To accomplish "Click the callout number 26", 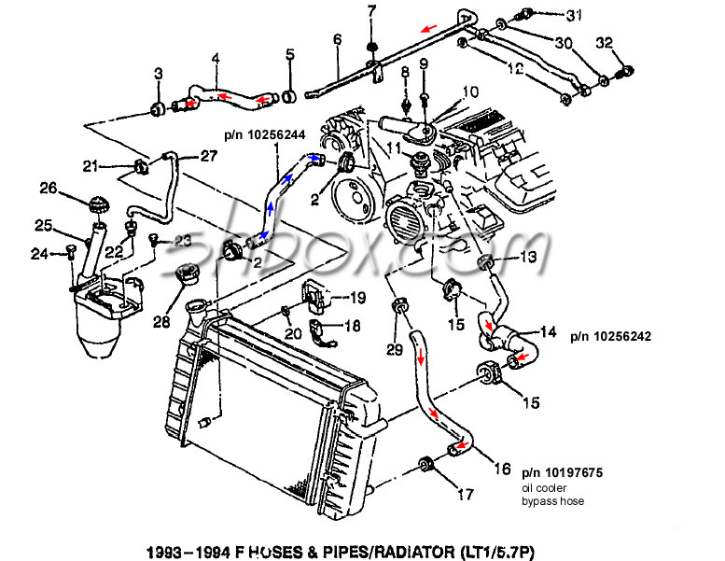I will coord(48,189).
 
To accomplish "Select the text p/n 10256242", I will coord(606,334).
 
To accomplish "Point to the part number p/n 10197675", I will coord(562,472).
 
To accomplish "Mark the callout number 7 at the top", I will coord(370,11).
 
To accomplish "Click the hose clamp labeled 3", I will coord(157,112).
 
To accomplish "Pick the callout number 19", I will coord(357,298).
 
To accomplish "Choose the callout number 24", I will coord(39,252).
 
